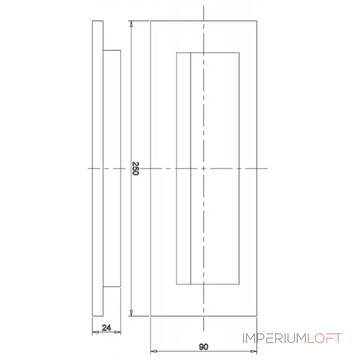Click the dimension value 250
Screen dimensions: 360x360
click(135, 169)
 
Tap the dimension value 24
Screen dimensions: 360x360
click(107, 328)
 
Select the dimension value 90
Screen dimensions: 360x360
click(203, 346)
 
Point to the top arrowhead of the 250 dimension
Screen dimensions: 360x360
click(131, 23)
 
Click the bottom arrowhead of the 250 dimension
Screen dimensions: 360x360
click(131, 313)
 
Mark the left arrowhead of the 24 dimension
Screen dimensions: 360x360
click(94, 333)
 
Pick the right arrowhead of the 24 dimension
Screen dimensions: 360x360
click(119, 333)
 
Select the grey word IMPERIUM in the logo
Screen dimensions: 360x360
click(274, 338)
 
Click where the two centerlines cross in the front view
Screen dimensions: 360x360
click(204, 169)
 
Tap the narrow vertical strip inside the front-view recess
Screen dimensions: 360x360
click(184, 169)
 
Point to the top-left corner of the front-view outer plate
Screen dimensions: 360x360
click(150, 21)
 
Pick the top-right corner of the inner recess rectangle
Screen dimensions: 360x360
click(239, 53)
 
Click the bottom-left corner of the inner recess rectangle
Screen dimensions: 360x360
click(176, 284)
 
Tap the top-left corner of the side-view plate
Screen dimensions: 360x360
click(92, 21)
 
